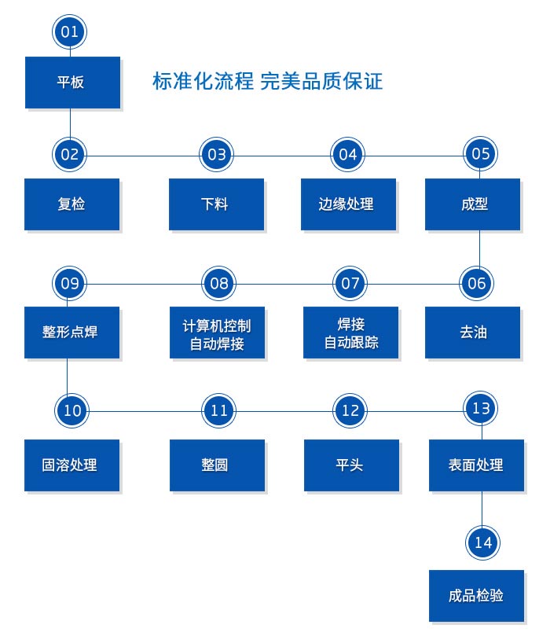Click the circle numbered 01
[x=70, y=32]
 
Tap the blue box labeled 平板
[x=72, y=82]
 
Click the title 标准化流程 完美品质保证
[x=267, y=81]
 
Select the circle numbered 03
[x=217, y=154]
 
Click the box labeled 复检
[x=71, y=204]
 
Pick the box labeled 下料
[x=216, y=204]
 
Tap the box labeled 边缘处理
[x=347, y=204]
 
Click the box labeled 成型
[x=473, y=204]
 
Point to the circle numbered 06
[x=477, y=283]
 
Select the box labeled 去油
[x=473, y=333]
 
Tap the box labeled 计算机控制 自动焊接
[x=218, y=333]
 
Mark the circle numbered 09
[x=70, y=283]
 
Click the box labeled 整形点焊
[x=71, y=333]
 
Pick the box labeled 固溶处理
[x=71, y=465]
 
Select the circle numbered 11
[x=219, y=410]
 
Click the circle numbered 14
[x=483, y=542]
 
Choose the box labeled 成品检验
[x=476, y=595]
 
